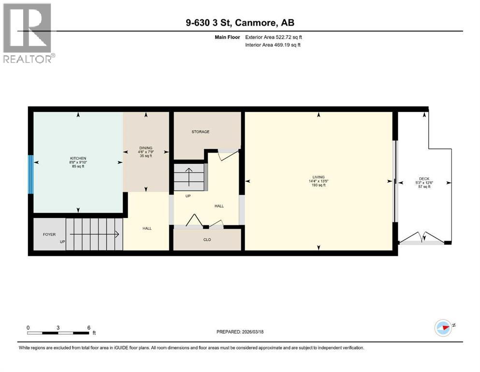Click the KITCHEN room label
(78, 158)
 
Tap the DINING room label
(146, 148)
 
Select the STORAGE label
(200, 132)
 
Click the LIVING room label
(318, 177)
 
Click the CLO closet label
(207, 239)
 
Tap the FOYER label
(49, 234)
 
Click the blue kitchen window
(30, 174)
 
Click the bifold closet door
(195, 220)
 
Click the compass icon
(443, 328)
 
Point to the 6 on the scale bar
(88, 328)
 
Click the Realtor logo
(28, 33)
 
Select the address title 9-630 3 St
(240, 22)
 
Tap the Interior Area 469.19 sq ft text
(273, 45)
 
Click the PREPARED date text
(240, 332)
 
